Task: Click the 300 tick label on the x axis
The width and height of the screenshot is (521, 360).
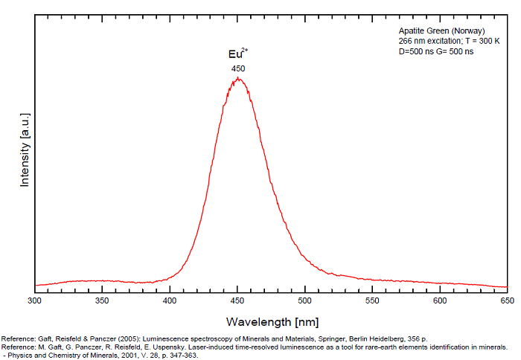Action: (35, 301)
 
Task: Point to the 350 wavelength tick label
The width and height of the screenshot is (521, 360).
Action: (103, 301)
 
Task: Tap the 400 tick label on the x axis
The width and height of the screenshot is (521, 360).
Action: (170, 301)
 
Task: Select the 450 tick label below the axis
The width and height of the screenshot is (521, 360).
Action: (237, 301)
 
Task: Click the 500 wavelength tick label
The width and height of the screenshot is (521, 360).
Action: (305, 301)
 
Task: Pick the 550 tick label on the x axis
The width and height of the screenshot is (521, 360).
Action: (373, 301)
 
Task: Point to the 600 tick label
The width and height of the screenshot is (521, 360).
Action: (440, 301)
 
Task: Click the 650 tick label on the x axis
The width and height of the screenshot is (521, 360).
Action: (507, 301)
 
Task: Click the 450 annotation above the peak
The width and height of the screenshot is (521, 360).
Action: (238, 68)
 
